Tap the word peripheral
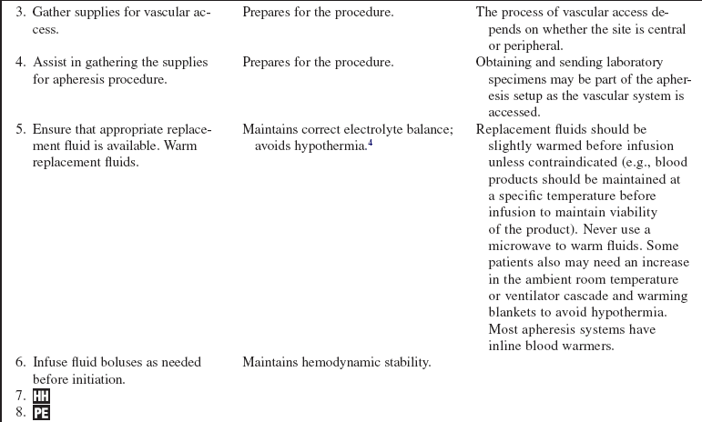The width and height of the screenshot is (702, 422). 534,45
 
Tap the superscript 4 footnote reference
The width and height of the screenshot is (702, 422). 371,143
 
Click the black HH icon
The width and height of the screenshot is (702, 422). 41,396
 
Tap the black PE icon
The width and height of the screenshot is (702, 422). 41,414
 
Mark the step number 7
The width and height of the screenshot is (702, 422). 19,396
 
